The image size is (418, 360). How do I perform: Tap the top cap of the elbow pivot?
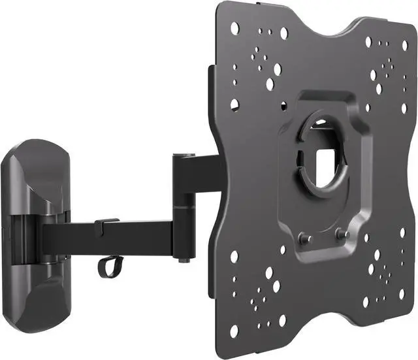[184, 155]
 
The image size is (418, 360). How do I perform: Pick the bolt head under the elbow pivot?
[184, 259]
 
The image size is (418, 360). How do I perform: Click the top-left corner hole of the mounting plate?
[234, 27]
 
